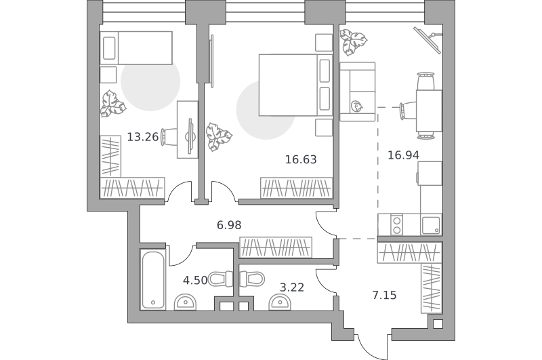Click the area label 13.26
tap(142, 138)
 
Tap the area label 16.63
tap(301, 159)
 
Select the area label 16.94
tap(403, 155)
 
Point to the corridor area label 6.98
tap(229, 225)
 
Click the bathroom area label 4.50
tap(195, 280)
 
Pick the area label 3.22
tap(292, 287)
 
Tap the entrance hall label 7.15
tap(384, 296)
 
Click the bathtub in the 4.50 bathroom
tap(153, 280)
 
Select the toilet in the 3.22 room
tap(252, 279)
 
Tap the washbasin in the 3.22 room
tap(280, 302)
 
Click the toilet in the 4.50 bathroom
tap(221, 279)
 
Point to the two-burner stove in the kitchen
tap(397, 225)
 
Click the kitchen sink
tap(431, 225)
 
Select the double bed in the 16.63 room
tap(295, 85)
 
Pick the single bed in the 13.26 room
tap(136, 48)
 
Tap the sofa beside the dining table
tap(358, 92)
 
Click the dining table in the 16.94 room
tap(429, 111)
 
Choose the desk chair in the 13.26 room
tap(169, 138)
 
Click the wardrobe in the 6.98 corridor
tap(276, 247)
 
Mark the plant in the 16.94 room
tap(352, 42)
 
